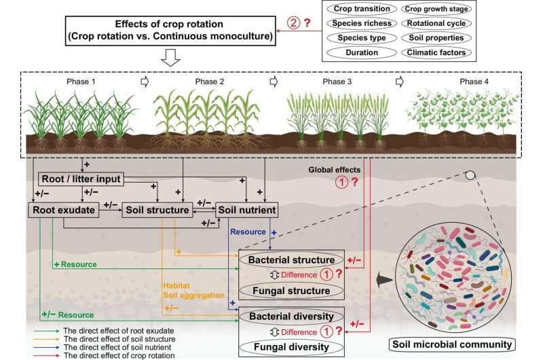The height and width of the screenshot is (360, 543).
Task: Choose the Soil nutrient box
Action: pyautogui.click(x=246, y=211)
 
